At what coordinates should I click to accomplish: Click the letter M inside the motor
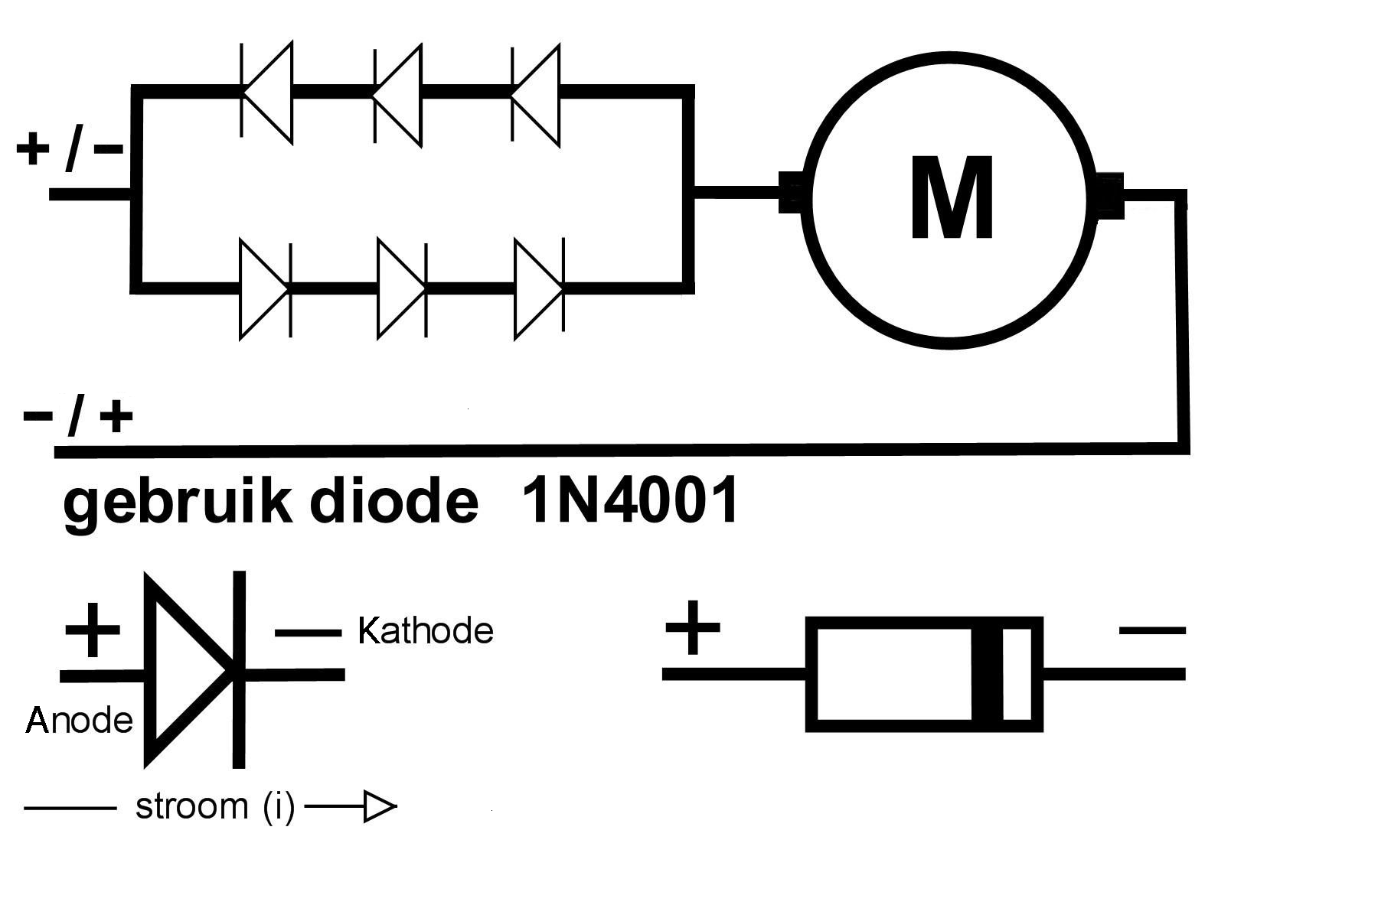click(x=952, y=197)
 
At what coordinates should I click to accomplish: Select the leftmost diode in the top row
click(x=266, y=93)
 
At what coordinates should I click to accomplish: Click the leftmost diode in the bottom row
click(x=266, y=288)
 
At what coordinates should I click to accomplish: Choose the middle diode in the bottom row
click(x=403, y=288)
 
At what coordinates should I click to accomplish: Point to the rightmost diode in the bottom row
click(x=540, y=288)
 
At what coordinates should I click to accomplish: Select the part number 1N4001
click(x=630, y=500)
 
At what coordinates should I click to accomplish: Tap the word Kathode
click(x=426, y=631)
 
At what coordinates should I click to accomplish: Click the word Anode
click(x=80, y=720)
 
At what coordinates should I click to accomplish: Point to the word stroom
click(x=191, y=806)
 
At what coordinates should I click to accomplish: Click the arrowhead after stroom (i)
click(x=380, y=807)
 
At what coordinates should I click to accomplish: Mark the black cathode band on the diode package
click(x=987, y=674)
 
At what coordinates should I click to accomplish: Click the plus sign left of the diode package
click(x=693, y=628)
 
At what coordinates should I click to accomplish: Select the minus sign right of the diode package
click(x=1152, y=632)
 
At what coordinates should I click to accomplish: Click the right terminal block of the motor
click(x=1109, y=195)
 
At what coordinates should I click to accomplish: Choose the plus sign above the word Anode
click(x=93, y=630)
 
